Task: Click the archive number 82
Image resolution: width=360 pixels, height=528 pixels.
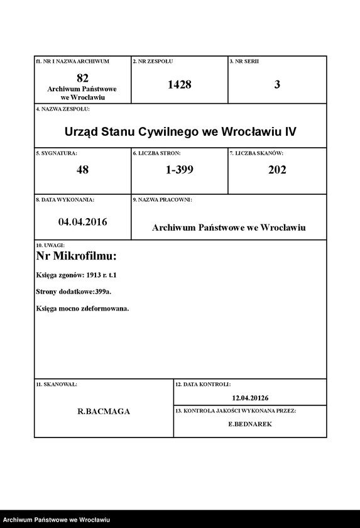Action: [82, 78]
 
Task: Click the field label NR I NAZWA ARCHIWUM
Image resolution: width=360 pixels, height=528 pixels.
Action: [72, 62]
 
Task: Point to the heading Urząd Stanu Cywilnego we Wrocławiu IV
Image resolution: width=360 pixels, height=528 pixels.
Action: [180, 133]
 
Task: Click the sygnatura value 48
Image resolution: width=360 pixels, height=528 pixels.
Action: [82, 170]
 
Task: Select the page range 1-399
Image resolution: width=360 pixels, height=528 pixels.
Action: [179, 170]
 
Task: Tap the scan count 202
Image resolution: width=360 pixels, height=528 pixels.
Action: [277, 170]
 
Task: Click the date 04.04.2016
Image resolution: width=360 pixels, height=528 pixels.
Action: [82, 221]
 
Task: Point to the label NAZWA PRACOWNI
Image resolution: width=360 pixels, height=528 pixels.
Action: [162, 199]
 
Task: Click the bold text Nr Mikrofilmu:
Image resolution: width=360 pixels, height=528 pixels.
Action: [77, 256]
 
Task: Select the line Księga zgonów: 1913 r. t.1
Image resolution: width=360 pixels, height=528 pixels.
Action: [77, 275]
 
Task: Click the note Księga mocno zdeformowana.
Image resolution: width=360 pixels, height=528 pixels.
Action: [83, 308]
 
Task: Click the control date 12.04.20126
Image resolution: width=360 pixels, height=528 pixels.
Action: [249, 397]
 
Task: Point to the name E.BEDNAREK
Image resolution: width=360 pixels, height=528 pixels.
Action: [250, 424]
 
